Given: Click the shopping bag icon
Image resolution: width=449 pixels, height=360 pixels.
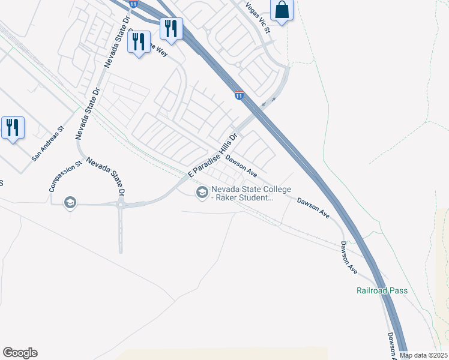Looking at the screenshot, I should pyautogui.click(x=282, y=10).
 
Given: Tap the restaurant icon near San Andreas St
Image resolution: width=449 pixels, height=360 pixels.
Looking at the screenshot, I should pyautogui.click(x=13, y=128).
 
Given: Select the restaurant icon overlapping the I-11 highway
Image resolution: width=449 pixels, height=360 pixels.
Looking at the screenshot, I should pyautogui.click(x=171, y=28).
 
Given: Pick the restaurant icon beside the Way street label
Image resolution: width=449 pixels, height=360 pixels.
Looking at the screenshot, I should pyautogui.click(x=139, y=42).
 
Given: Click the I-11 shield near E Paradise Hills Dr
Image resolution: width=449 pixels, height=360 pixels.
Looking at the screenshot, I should pyautogui.click(x=239, y=95).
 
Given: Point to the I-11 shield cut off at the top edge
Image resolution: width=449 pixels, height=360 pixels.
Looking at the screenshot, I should pyautogui.click(x=133, y=4).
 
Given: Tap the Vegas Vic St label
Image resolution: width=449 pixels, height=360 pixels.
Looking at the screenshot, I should pyautogui.click(x=259, y=17).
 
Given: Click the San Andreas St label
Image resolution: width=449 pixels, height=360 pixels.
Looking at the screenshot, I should pyautogui.click(x=47, y=144).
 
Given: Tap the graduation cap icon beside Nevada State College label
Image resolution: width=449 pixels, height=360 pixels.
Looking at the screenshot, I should pyautogui.click(x=202, y=192).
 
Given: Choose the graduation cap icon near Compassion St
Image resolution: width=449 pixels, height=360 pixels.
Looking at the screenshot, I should pyautogui.click(x=70, y=203).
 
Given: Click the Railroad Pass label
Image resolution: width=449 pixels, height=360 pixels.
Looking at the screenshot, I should pyautogui.click(x=382, y=291).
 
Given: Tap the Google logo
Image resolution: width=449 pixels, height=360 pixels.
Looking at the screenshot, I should pyautogui.click(x=20, y=353).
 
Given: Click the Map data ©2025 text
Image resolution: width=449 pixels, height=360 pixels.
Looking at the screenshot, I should pyautogui.click(x=424, y=355).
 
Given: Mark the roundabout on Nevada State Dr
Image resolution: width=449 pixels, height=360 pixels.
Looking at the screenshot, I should pyautogui.click(x=121, y=205).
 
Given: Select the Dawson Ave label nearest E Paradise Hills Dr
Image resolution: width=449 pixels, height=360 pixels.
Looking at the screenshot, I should pyautogui.click(x=241, y=166).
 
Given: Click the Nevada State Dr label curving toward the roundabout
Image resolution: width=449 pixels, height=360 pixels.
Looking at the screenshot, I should pyautogui.click(x=106, y=176).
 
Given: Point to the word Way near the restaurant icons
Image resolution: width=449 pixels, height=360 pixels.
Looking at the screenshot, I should pyautogui.click(x=158, y=51).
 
